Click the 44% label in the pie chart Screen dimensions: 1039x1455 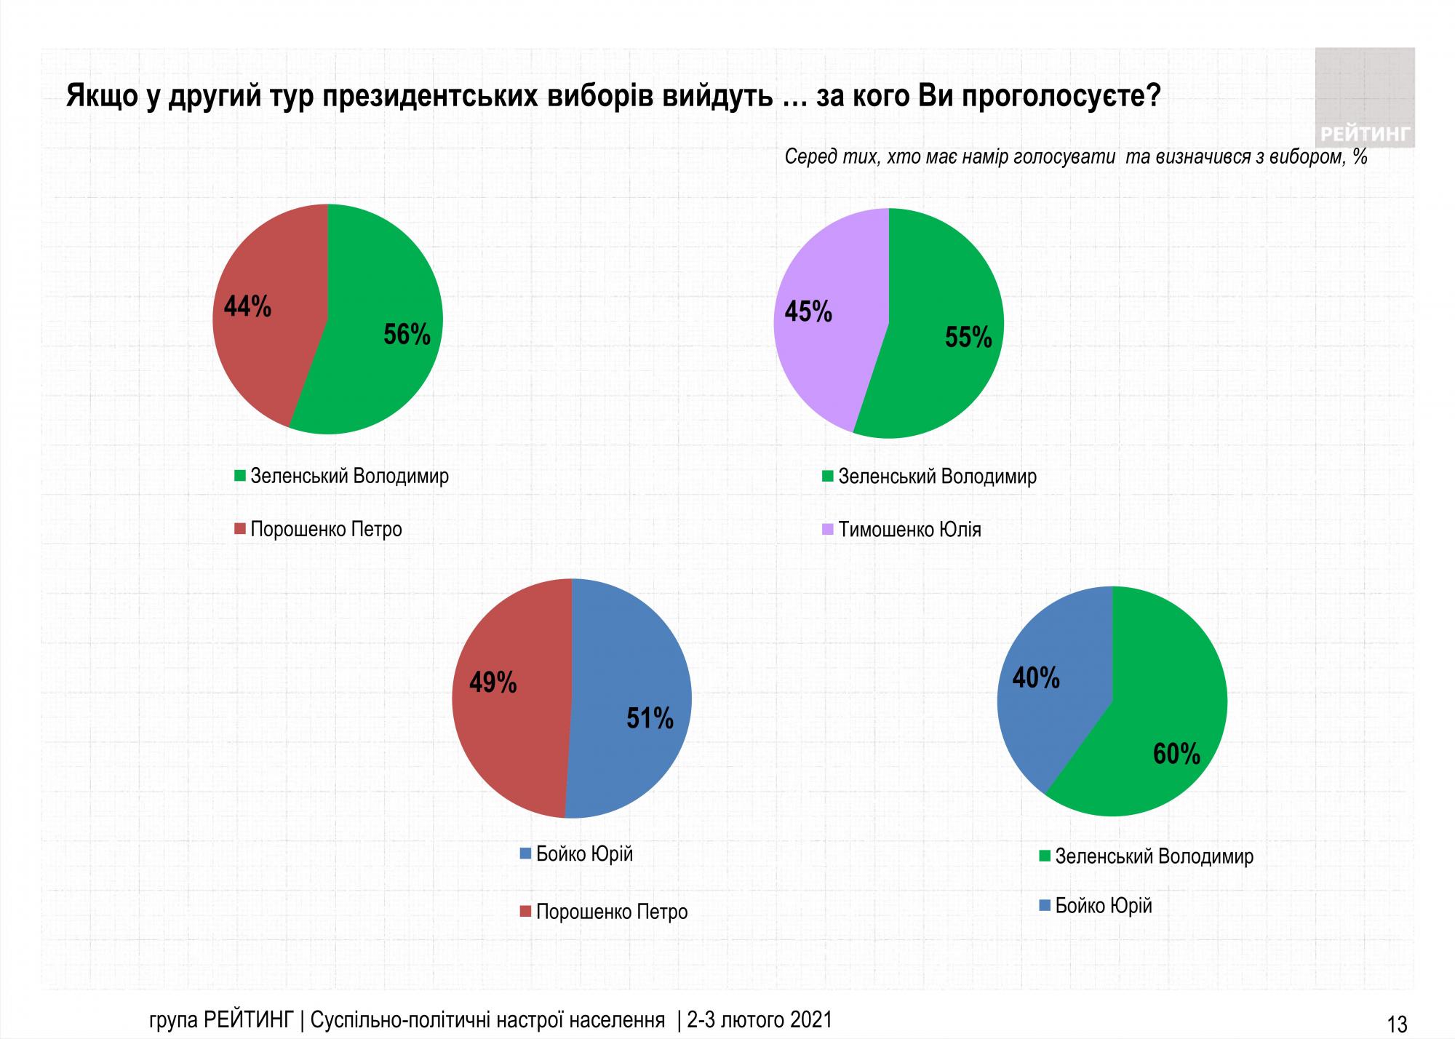coord(247,307)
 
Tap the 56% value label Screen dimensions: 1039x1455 coord(407,335)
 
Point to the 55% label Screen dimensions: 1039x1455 coord(968,338)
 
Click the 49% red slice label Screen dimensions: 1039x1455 coord(493,682)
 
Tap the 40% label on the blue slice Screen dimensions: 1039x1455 coord(1036,678)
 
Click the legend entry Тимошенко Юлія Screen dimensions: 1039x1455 coord(909,530)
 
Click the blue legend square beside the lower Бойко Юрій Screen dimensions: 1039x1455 coord(1045,907)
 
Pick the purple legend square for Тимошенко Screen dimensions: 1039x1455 coord(827,530)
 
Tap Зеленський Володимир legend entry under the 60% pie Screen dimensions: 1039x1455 coord(1154,856)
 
